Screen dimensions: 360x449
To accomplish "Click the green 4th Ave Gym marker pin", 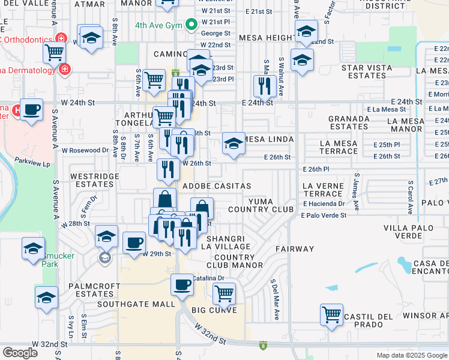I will coord(191,25).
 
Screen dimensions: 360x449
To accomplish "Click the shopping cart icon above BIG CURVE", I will coord(224,293).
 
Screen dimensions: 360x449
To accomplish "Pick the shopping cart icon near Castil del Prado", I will coord(331,313).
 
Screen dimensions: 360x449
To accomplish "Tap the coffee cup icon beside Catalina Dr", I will coord(182,285).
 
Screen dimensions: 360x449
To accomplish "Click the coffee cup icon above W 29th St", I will coord(134,243).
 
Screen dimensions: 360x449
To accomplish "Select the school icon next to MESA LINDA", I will coord(234,143).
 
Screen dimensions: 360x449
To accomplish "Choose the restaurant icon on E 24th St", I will coord(265,85).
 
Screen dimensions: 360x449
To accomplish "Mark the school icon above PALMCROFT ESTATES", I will coord(47,297).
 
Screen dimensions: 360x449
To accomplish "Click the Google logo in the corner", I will coord(20,352).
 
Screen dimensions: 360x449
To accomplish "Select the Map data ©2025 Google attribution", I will coord(411,355).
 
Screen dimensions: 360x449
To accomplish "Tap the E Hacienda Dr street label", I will coord(324,204).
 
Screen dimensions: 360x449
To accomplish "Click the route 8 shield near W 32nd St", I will coord(262,346).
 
